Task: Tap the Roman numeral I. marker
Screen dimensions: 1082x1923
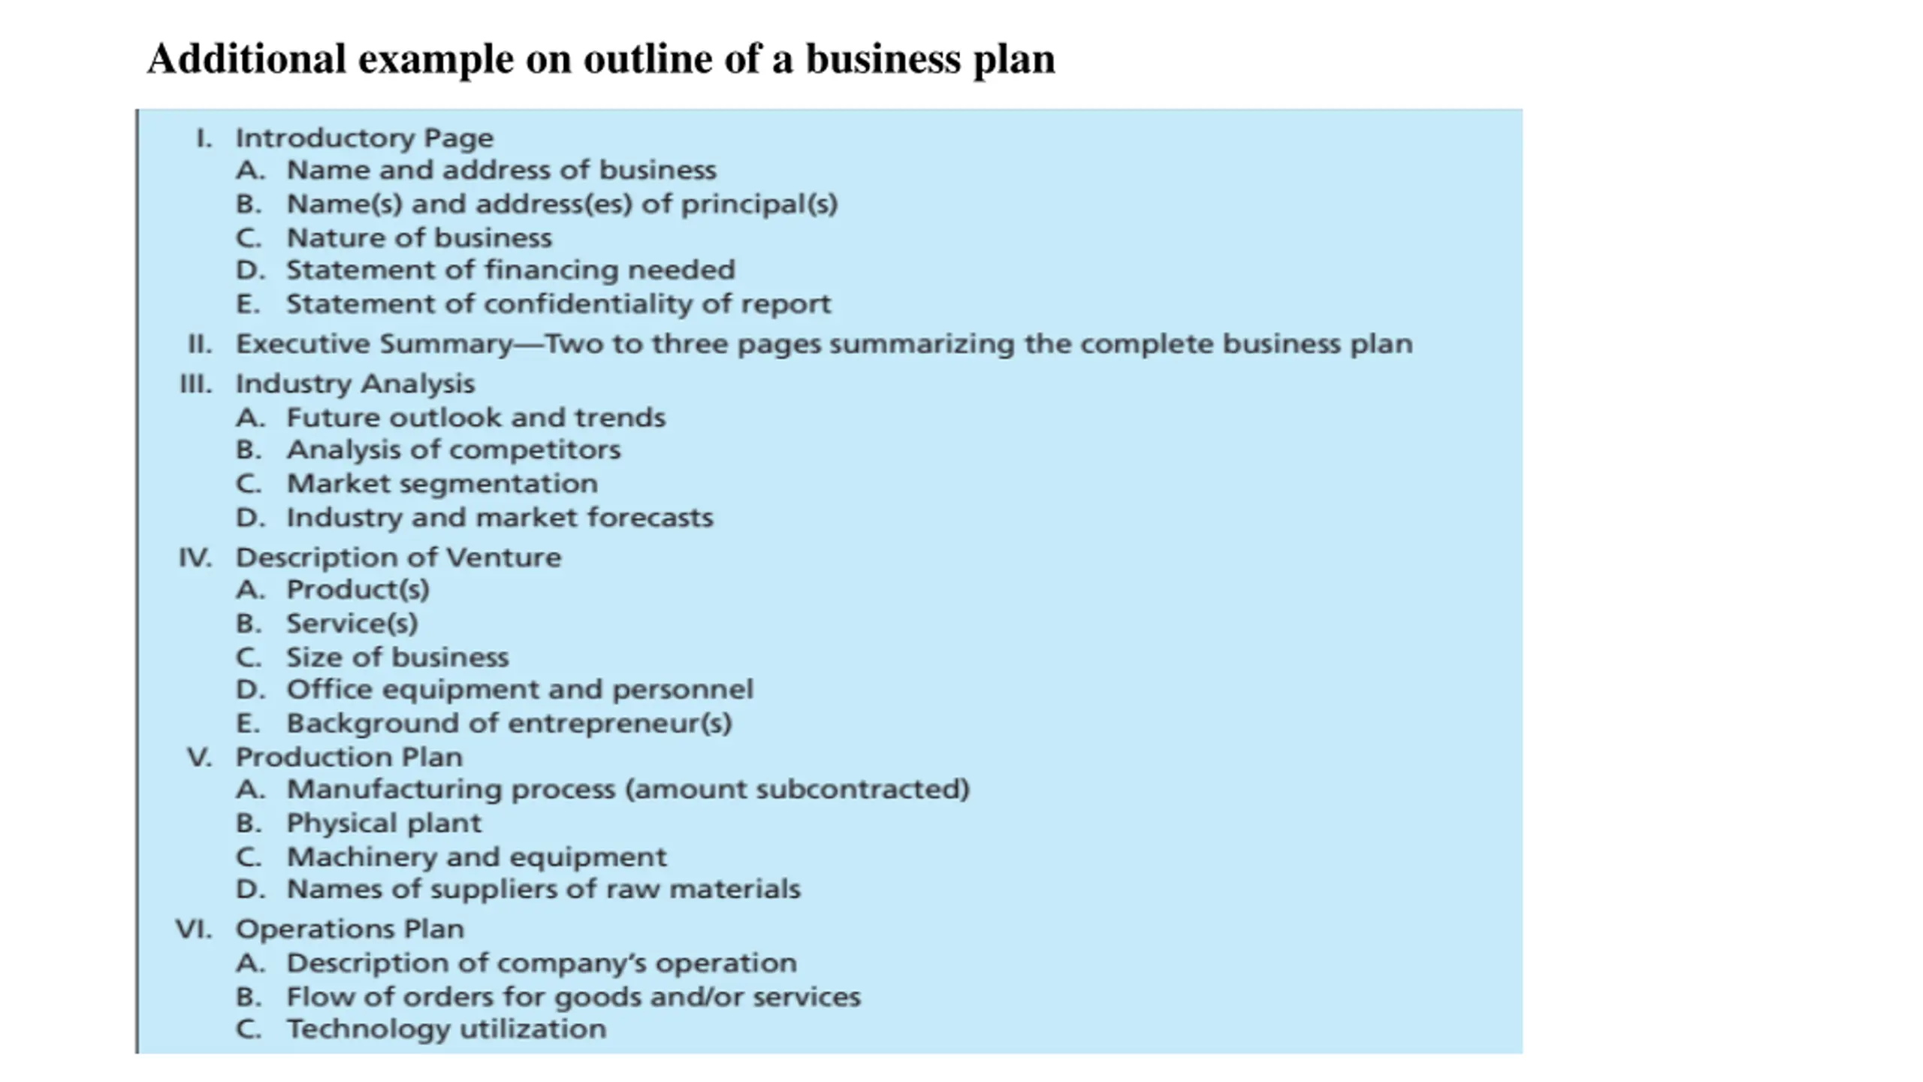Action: coord(204,138)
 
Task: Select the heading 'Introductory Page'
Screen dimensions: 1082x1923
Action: coord(364,138)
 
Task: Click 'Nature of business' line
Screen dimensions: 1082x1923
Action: coord(419,238)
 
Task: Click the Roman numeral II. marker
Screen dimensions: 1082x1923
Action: coord(200,344)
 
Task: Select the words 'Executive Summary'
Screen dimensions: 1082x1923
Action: coord(373,344)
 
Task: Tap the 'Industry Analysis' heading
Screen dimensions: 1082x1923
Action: coord(355,384)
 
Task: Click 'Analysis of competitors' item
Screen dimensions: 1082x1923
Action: coord(454,450)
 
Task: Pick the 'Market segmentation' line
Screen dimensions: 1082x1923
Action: coord(442,484)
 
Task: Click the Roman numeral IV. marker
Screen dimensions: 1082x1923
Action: coord(195,558)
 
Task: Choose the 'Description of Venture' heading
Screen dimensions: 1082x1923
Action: coord(398,558)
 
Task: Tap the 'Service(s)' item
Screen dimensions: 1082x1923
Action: coord(352,624)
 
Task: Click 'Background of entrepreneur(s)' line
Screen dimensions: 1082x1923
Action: coord(509,724)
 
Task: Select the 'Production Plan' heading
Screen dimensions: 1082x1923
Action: coord(349,757)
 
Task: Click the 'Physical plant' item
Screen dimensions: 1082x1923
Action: coord(384,824)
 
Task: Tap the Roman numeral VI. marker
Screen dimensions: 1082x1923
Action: coord(194,929)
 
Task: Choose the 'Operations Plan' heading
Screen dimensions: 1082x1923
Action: coord(350,929)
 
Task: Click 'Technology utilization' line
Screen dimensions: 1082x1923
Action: coord(446,1029)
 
